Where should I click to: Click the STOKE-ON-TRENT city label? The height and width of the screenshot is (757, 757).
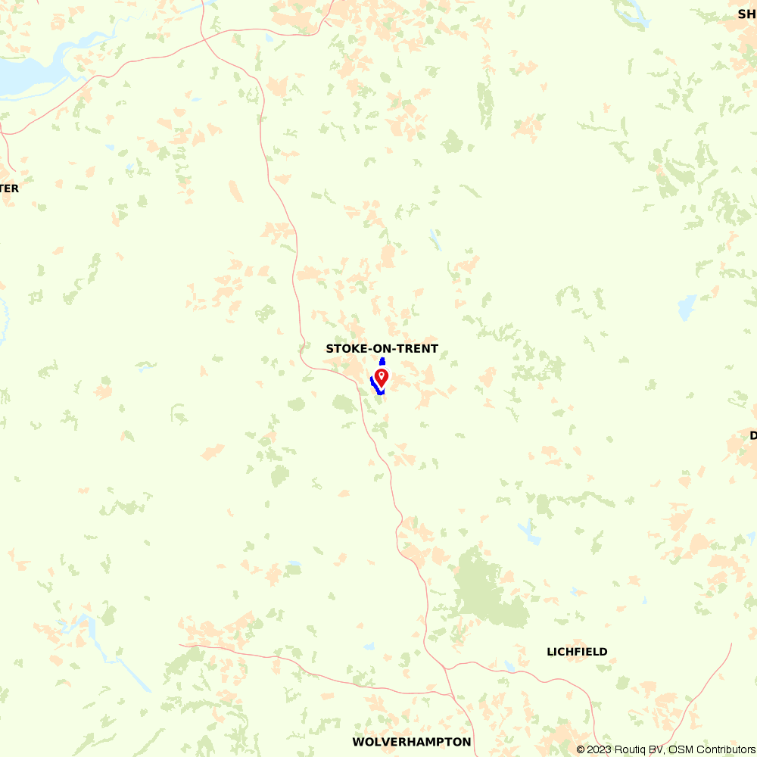[x=382, y=349]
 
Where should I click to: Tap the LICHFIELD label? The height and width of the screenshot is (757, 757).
[x=577, y=652]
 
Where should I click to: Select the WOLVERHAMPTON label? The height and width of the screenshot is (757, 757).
[x=411, y=742]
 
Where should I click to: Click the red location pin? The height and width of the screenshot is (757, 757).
[x=382, y=376]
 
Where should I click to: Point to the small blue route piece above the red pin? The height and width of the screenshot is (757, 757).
[x=382, y=361]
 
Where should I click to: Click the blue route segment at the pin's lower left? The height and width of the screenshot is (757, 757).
[x=374, y=384]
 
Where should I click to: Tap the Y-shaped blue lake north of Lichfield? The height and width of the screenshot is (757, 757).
[x=528, y=532]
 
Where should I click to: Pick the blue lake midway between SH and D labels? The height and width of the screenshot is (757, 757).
[x=687, y=307]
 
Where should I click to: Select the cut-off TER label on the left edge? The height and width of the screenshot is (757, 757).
[x=9, y=188]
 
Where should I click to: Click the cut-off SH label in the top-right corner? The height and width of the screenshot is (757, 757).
[x=746, y=13]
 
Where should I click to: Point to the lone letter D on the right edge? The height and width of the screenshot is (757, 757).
[x=753, y=435]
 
